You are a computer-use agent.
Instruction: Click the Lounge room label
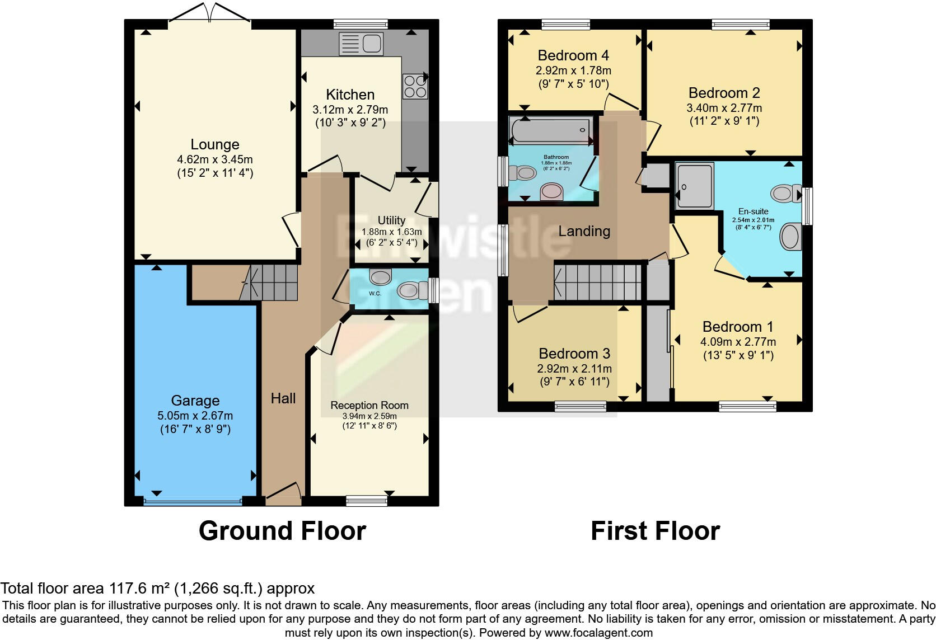coord(215,144)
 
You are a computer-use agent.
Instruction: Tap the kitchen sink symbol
coord(361,44)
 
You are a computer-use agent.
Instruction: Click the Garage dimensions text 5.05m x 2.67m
coord(195,416)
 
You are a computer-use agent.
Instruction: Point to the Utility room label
coord(391,220)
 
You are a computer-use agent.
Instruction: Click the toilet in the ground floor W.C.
coord(410,290)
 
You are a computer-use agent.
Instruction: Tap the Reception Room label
coord(369,405)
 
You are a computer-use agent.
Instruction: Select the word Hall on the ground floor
coord(283,398)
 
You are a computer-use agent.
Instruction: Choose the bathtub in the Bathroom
coord(551,131)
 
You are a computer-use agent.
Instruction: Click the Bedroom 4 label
coord(573,55)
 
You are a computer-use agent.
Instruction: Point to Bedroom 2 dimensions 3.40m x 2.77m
coord(724,107)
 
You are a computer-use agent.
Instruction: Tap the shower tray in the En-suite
coord(695,186)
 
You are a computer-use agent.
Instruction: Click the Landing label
coord(584,231)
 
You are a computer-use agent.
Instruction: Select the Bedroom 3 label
coord(574,354)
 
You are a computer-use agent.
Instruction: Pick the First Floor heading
coord(655,531)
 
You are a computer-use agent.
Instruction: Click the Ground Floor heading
coord(282,531)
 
